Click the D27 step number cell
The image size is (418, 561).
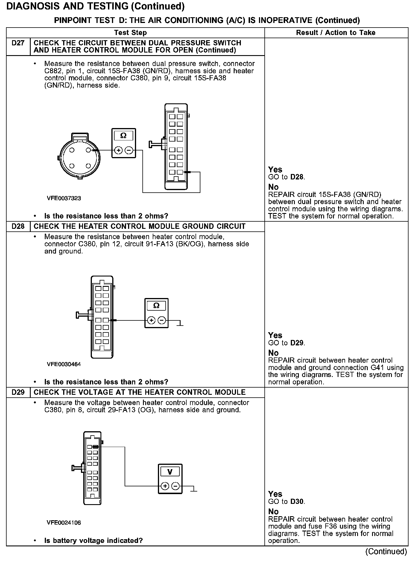(x=18, y=43)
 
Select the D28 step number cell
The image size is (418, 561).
(x=18, y=226)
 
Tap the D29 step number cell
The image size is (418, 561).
(x=18, y=392)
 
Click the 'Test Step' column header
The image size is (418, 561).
(x=130, y=33)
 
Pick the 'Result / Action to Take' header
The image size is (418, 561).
(x=336, y=33)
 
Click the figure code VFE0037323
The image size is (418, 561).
(x=64, y=198)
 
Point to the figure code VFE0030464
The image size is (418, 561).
(x=64, y=364)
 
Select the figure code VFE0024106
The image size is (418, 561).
(x=64, y=523)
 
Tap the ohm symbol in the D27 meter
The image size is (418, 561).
(x=123, y=136)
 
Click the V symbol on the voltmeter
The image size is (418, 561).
(x=170, y=472)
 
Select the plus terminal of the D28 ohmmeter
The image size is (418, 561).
(x=151, y=320)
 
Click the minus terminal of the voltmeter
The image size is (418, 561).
(x=175, y=486)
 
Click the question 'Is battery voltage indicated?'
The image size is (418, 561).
(x=94, y=541)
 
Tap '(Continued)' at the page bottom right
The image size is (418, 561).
(x=386, y=551)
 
